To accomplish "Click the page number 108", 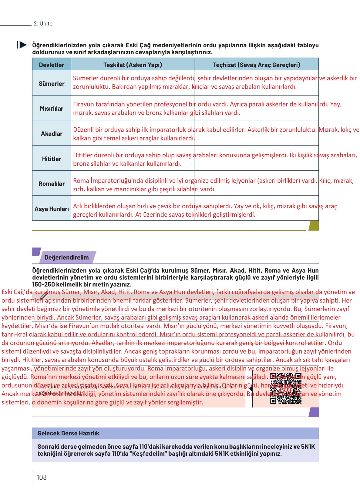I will (x=42, y=477).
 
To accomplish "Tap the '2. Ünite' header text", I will (x=43, y=24).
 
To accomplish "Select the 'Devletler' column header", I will (x=52, y=65).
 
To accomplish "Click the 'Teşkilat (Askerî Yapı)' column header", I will (x=133, y=65).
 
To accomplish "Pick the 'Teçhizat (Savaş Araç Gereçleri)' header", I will (x=256, y=65).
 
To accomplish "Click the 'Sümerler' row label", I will (x=52, y=84).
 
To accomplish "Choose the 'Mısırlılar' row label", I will (x=52, y=109).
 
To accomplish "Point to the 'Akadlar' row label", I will (x=52, y=134).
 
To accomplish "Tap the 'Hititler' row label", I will (x=52, y=159).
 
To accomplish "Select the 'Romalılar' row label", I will (x=52, y=184).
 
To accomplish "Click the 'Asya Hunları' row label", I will (x=52, y=209).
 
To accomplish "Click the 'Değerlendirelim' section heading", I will (x=66, y=257).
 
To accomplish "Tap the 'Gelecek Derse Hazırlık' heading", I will (x=68, y=433).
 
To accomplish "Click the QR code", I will (x=286, y=389).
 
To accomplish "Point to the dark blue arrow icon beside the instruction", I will (x=22, y=45).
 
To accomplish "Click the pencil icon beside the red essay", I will (x=44, y=295).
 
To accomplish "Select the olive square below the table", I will (x=314, y=226).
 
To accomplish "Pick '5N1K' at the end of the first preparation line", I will (x=308, y=447).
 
